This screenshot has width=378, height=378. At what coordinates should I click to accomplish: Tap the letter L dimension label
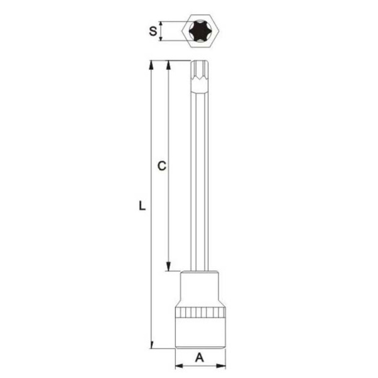pyautogui.click(x=142, y=205)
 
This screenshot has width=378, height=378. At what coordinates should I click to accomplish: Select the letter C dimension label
pyautogui.click(x=161, y=166)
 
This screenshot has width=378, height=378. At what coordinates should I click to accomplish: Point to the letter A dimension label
pyautogui.click(x=200, y=358)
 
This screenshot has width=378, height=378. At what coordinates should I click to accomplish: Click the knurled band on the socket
pyautogui.click(x=200, y=313)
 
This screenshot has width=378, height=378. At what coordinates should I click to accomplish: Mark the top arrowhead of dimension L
pyautogui.click(x=151, y=65)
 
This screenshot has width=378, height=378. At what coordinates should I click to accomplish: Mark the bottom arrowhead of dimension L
pyautogui.click(x=151, y=344)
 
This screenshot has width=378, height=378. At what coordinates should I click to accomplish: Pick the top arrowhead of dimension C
pyautogui.click(x=169, y=65)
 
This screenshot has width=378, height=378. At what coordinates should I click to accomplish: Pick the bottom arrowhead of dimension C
pyautogui.click(x=169, y=267)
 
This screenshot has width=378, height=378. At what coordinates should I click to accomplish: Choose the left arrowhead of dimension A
pyautogui.click(x=178, y=366)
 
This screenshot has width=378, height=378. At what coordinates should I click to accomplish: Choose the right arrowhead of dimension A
pyautogui.click(x=221, y=366)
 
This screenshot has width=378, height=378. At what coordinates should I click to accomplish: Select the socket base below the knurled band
pyautogui.click(x=200, y=334)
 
